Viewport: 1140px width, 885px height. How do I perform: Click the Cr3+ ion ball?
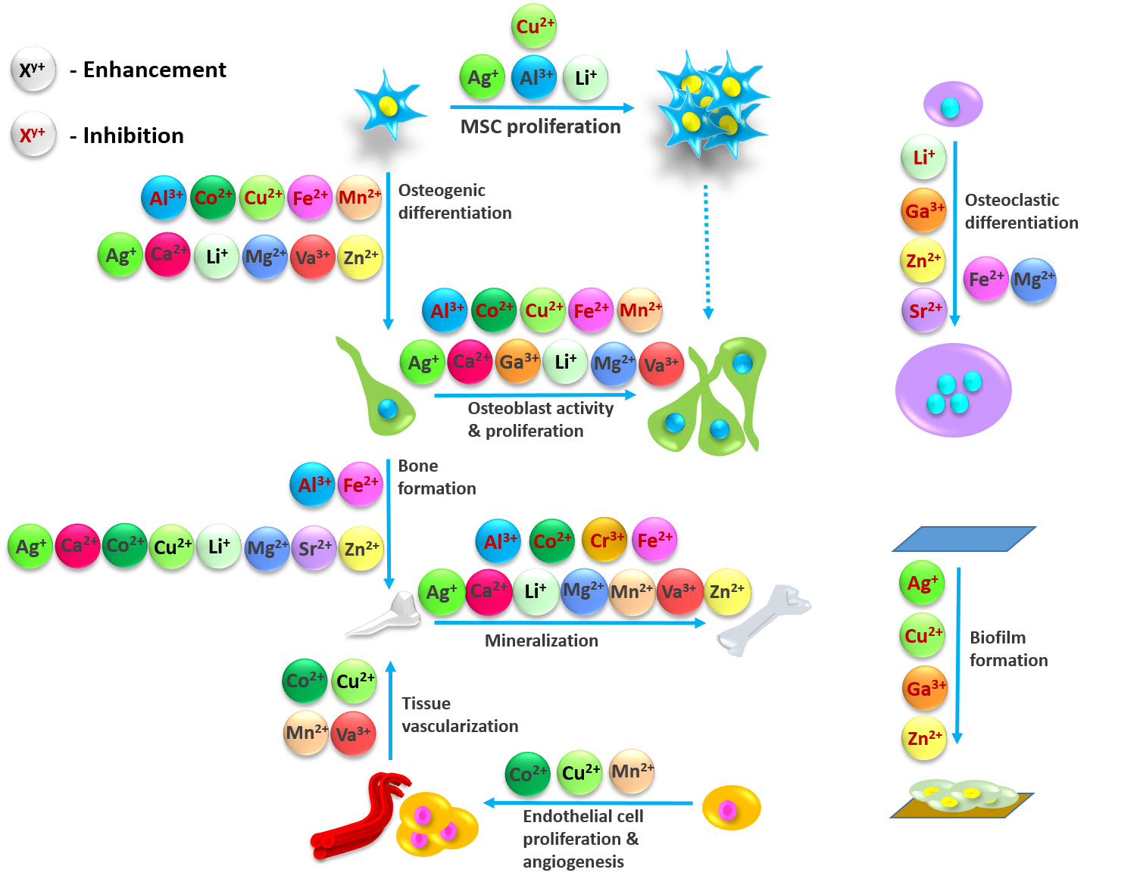coord(604,540)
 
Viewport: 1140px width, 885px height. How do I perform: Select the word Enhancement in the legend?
coord(155,70)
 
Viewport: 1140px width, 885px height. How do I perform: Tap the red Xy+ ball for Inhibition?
coord(33,136)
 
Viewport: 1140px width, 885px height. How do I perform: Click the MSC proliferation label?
coord(540,126)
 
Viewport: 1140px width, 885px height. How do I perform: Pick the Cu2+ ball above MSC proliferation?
coord(534,26)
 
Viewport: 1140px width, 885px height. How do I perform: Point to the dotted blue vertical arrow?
coord(707,250)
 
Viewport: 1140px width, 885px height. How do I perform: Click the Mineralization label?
coord(541,640)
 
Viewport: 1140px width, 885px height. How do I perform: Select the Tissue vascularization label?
coord(459,715)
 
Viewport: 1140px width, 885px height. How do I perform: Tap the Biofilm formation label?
coord(1008,649)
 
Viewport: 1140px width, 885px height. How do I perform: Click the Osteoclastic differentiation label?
coord(1020,211)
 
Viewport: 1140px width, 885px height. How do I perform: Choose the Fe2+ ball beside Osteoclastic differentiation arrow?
coord(985,279)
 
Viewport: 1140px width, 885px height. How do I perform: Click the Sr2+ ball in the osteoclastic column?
coord(924,310)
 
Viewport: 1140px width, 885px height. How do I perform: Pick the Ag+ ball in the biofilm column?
coord(922,583)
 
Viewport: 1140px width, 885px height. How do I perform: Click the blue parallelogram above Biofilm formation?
coord(964,539)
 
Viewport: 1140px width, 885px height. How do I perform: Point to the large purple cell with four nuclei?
coord(953,391)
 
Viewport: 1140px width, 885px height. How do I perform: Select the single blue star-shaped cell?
coord(388,105)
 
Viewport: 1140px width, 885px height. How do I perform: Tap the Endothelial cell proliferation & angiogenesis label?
coord(582,838)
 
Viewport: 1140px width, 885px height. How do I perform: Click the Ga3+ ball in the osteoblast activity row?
coord(518,362)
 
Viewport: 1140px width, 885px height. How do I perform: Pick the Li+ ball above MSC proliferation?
coord(586,77)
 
